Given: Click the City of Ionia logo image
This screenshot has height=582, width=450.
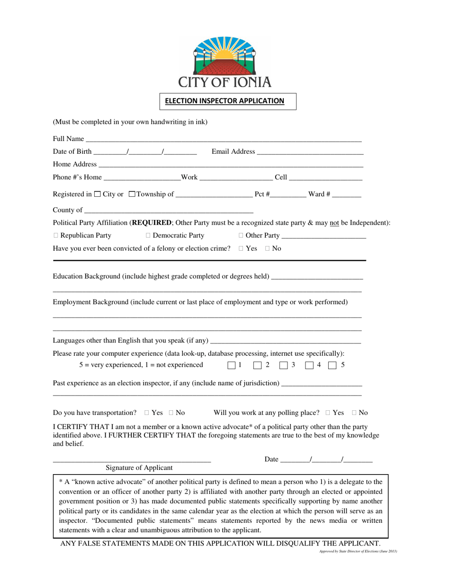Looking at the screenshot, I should click(x=225, y=62).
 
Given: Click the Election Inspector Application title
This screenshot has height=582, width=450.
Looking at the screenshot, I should click(x=225, y=101).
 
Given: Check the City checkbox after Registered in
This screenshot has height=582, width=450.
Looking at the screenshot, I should click(x=98, y=194).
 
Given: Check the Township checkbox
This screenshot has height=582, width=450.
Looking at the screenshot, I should click(x=132, y=194).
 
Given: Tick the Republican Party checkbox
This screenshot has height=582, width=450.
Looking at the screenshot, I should click(x=56, y=236).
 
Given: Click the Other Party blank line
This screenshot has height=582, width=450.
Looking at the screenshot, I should click(x=324, y=237).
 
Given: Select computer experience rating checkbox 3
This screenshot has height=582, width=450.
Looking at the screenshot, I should click(x=284, y=365).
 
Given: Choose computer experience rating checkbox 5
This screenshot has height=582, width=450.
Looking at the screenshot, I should click(x=333, y=365).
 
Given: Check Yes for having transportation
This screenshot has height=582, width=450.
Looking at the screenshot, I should click(x=147, y=413).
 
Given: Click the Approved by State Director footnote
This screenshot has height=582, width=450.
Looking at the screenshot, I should click(x=358, y=552).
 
